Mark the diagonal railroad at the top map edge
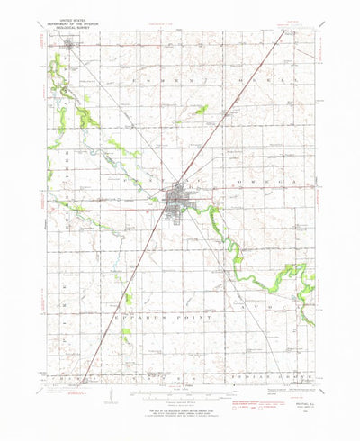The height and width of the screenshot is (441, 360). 269,34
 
